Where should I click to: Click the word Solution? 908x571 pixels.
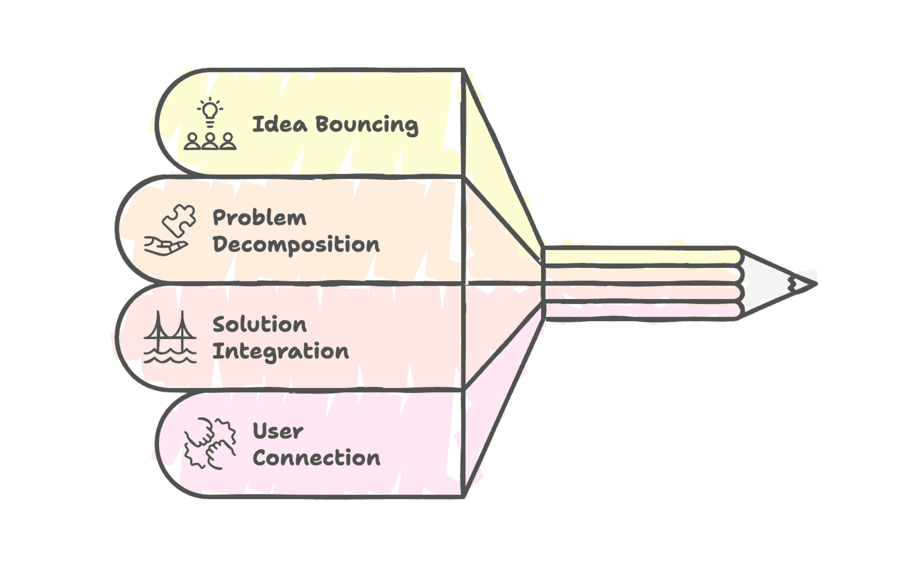pyautogui.click(x=260, y=325)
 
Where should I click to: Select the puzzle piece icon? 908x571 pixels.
pyautogui.click(x=179, y=220)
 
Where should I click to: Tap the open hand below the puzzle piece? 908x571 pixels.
pyautogui.click(x=165, y=246)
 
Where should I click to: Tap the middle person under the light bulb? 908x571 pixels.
pyautogui.click(x=210, y=142)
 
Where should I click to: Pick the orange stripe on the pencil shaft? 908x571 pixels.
pyautogui.click(x=641, y=275)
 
